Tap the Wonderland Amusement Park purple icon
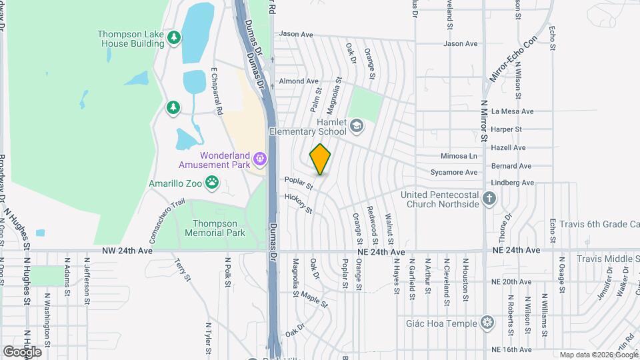(260, 159)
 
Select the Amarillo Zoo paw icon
(212, 182)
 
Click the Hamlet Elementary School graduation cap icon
(357, 125)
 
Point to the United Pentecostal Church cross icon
(489, 198)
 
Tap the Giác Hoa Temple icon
(489, 323)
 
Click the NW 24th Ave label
(127, 251)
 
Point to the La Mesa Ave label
(512, 111)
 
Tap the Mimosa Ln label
(459, 156)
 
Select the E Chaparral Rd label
(215, 90)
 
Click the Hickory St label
(299, 203)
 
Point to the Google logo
(22, 351)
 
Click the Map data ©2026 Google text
(599, 355)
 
